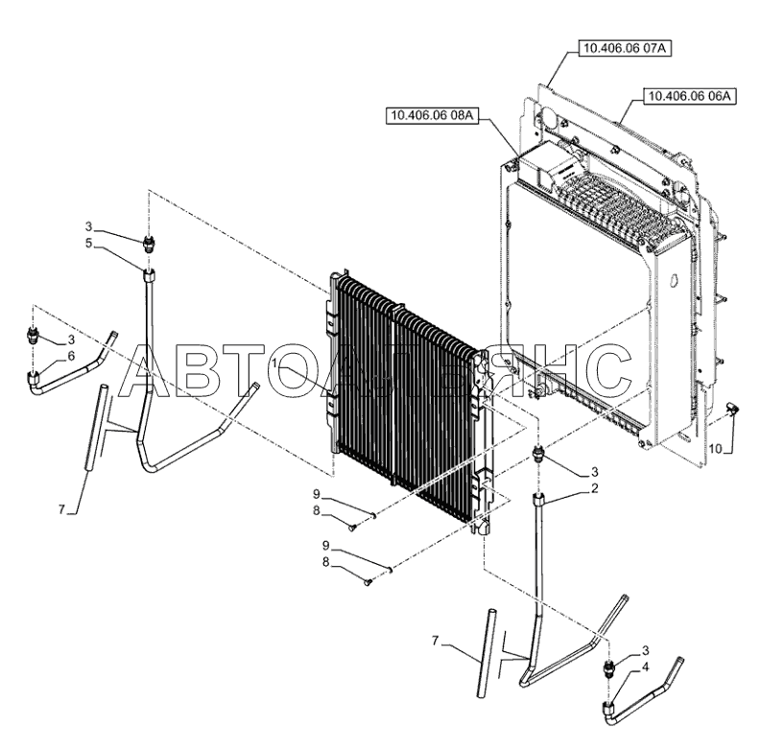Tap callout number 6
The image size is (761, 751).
tap(71, 355)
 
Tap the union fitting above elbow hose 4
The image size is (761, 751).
tap(607, 669)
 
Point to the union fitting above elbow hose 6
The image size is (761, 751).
tap(34, 337)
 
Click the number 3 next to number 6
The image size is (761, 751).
tap(70, 340)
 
